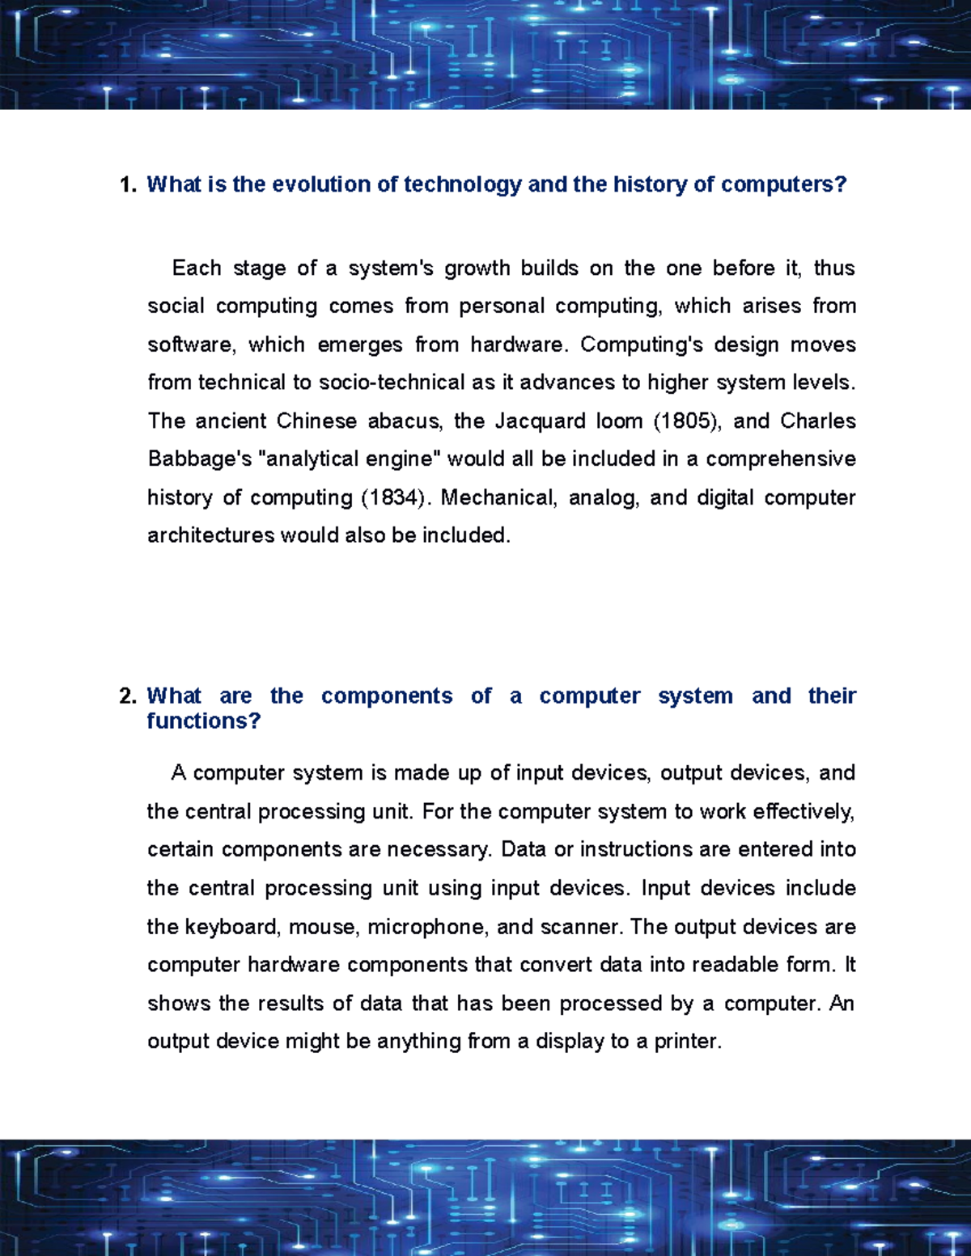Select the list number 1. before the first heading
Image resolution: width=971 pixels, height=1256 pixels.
pyautogui.click(x=128, y=184)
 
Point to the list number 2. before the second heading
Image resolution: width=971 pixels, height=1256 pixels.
pyautogui.click(x=128, y=696)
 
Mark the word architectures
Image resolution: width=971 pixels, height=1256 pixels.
pyautogui.click(x=210, y=535)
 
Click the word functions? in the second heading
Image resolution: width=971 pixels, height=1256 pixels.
pyautogui.click(x=203, y=721)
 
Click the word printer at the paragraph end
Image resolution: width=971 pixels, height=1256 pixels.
pyautogui.click(x=687, y=1042)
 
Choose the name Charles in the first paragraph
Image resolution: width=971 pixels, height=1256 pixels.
pyautogui.click(x=818, y=421)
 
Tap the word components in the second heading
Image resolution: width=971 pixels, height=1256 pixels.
pyautogui.click(x=387, y=696)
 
